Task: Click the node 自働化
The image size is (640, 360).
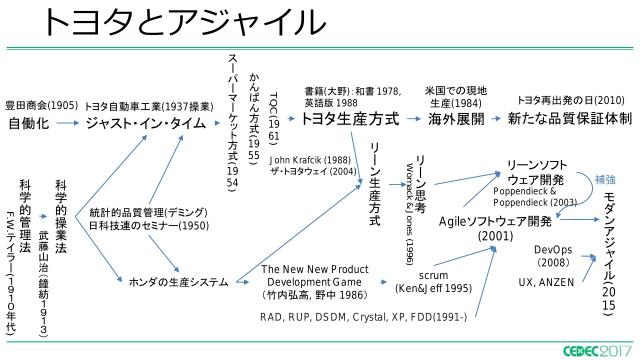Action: pyautogui.click(x=29, y=124)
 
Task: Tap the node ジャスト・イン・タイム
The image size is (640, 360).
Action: pyautogui.click(x=146, y=124)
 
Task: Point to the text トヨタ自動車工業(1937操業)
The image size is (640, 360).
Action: pyautogui.click(x=146, y=104)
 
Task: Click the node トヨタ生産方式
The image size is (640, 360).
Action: pyautogui.click(x=349, y=119)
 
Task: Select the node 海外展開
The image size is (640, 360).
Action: pyautogui.click(x=456, y=119)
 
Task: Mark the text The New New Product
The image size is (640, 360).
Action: pyautogui.click(x=311, y=269)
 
